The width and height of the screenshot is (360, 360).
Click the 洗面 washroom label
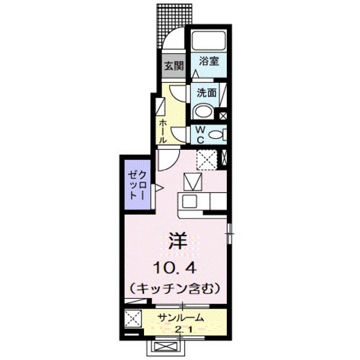point(207,92)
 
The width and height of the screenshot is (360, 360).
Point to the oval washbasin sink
point(204,111)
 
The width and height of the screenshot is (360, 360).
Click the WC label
point(200,135)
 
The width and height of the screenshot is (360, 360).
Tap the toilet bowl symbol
point(217,134)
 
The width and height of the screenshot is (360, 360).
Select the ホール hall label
point(163,128)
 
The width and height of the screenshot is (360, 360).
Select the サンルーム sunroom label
point(182,317)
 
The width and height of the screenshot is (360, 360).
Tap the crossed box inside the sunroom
point(134,318)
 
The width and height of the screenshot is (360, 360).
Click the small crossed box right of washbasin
point(223,116)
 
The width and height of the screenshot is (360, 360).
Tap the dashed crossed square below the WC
point(206,157)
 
